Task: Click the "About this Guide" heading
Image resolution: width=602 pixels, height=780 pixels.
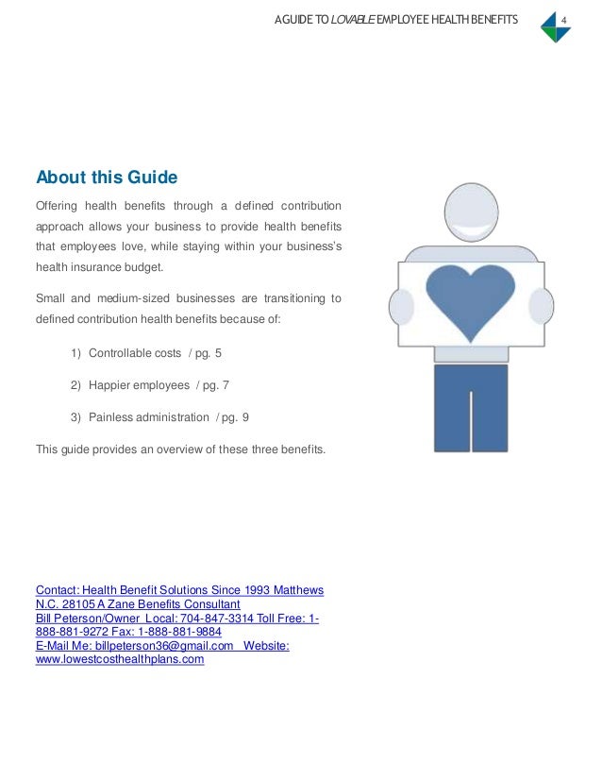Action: [x=107, y=178]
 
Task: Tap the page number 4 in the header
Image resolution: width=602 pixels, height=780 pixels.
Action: [x=562, y=20]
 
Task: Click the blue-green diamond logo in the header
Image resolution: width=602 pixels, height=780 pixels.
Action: [x=555, y=27]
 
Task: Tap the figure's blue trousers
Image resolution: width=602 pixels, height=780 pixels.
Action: [x=470, y=407]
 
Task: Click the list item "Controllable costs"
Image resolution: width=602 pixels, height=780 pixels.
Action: [x=134, y=353]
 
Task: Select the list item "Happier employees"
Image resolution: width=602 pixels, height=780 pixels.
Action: [x=140, y=385]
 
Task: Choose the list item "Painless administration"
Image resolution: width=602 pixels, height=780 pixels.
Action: [x=148, y=417]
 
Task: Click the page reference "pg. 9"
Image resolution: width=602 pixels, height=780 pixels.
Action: [x=235, y=417]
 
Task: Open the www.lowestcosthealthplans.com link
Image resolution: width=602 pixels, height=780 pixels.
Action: [x=120, y=660]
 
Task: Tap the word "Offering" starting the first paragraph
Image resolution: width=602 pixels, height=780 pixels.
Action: [x=56, y=206]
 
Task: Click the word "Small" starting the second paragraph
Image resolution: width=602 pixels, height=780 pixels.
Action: [x=49, y=298]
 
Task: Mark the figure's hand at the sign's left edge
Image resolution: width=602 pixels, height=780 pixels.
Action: [x=401, y=307]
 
